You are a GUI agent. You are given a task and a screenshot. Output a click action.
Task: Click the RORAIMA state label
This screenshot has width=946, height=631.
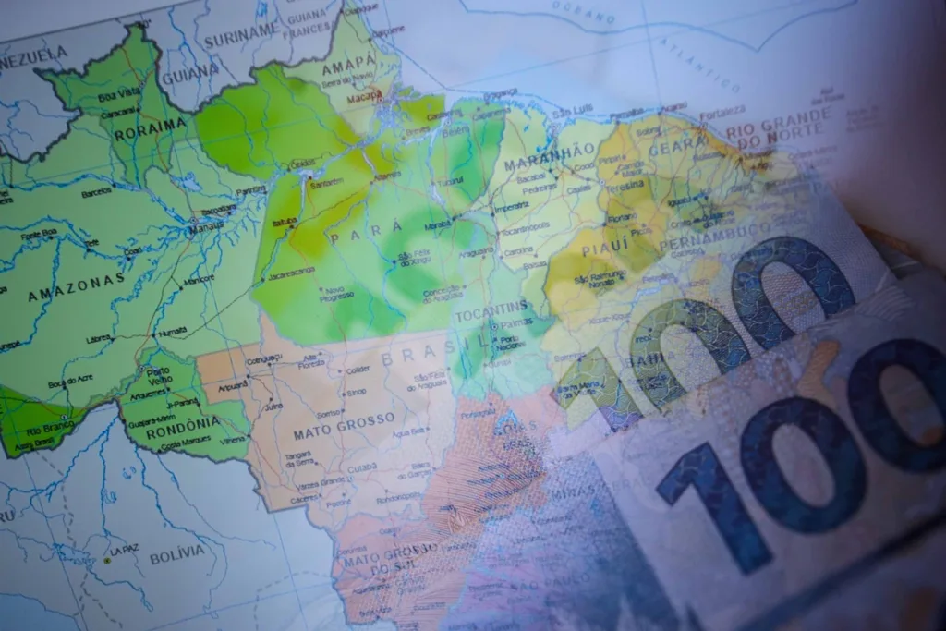pyautogui.click(x=150, y=127)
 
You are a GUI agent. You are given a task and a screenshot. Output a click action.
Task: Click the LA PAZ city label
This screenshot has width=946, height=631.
pyautogui.click(x=123, y=551)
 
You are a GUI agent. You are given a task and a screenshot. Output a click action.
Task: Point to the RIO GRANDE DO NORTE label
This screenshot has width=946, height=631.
pyautogui.click(x=778, y=127)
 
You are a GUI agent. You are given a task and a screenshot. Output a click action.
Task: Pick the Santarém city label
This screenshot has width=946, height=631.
pyautogui.click(x=328, y=183)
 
